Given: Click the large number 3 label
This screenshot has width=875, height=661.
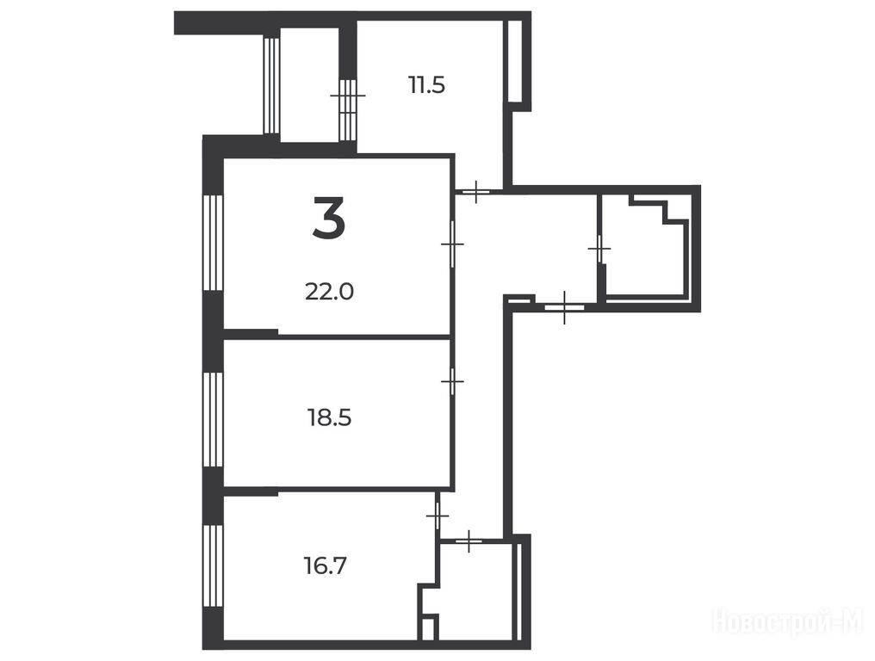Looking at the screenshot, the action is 329,218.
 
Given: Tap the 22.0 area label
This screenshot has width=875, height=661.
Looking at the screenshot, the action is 329,291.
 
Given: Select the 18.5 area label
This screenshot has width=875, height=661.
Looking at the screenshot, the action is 329,417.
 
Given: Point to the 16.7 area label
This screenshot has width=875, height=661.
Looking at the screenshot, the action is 326,566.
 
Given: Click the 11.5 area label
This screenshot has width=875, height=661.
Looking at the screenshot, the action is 426,85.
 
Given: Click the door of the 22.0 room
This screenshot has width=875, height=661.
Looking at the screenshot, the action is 452,244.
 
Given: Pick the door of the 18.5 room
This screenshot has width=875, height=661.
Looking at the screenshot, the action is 452,381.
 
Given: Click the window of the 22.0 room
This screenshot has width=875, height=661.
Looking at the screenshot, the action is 214,242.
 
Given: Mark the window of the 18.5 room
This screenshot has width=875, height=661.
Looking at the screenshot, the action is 214,419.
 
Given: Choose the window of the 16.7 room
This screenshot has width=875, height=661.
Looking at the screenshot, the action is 214,565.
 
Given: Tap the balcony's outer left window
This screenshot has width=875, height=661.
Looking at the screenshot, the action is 270,85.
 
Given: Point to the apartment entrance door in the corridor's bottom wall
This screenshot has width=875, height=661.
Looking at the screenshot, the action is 564,306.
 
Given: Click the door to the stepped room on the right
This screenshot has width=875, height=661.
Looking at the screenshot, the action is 599,249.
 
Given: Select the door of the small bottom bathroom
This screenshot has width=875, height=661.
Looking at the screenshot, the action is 469,541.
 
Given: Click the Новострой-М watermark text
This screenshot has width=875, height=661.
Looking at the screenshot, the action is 788,621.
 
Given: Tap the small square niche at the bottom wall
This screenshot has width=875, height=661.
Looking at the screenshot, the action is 428,627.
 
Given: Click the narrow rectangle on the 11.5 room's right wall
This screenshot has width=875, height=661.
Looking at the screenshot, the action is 514,61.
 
